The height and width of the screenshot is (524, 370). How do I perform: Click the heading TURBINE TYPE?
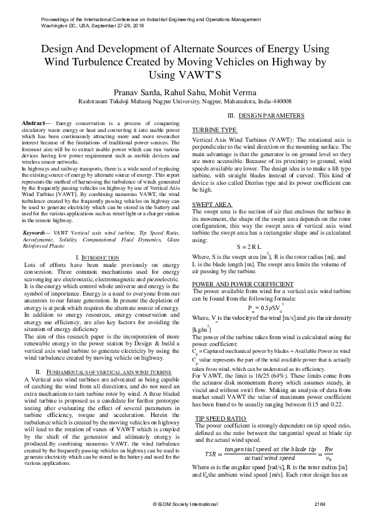(215, 129)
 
